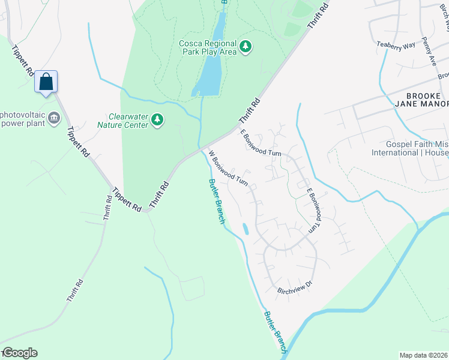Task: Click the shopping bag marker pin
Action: (x=46, y=82)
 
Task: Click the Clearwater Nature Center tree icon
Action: (x=157, y=120)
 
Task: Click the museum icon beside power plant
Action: (x=55, y=117)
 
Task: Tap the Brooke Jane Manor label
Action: (x=418, y=100)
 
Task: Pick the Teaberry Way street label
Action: (x=396, y=44)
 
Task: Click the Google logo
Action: (x=19, y=353)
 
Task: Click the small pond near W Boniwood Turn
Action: (x=244, y=229)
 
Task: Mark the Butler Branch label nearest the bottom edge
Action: (x=274, y=331)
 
